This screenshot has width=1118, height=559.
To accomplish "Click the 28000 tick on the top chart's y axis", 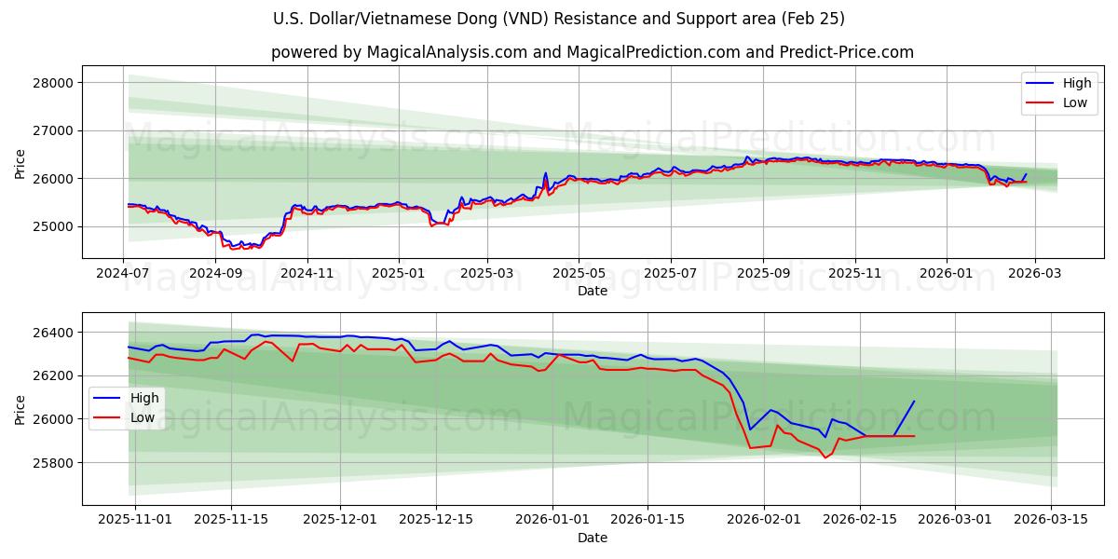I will (x=52, y=83).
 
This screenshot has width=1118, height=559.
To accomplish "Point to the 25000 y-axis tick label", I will (x=52, y=226).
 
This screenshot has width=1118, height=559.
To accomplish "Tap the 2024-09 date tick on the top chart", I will (x=215, y=274).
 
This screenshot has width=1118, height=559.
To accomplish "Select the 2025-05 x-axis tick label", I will (x=579, y=274).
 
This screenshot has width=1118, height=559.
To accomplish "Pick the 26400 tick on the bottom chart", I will (x=52, y=333).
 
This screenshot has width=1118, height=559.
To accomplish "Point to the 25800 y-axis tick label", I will (x=52, y=463).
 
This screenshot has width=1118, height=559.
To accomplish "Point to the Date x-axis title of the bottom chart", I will (x=593, y=538).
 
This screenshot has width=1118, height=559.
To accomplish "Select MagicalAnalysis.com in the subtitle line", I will (x=438, y=52).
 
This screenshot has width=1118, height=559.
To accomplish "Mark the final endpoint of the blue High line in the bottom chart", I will (x=914, y=402).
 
